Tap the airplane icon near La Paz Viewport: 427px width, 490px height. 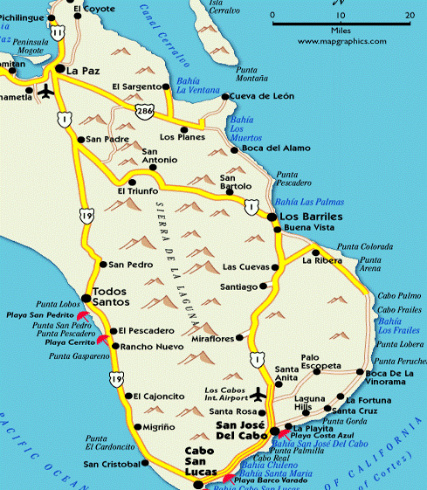tap(45, 90)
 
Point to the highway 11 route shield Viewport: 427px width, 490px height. tap(58, 31)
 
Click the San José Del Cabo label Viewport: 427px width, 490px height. tap(239, 431)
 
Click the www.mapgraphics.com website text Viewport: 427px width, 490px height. tap(343, 41)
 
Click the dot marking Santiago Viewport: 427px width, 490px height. tap(263, 286)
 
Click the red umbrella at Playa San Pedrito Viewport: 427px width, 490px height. tap(82, 315)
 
